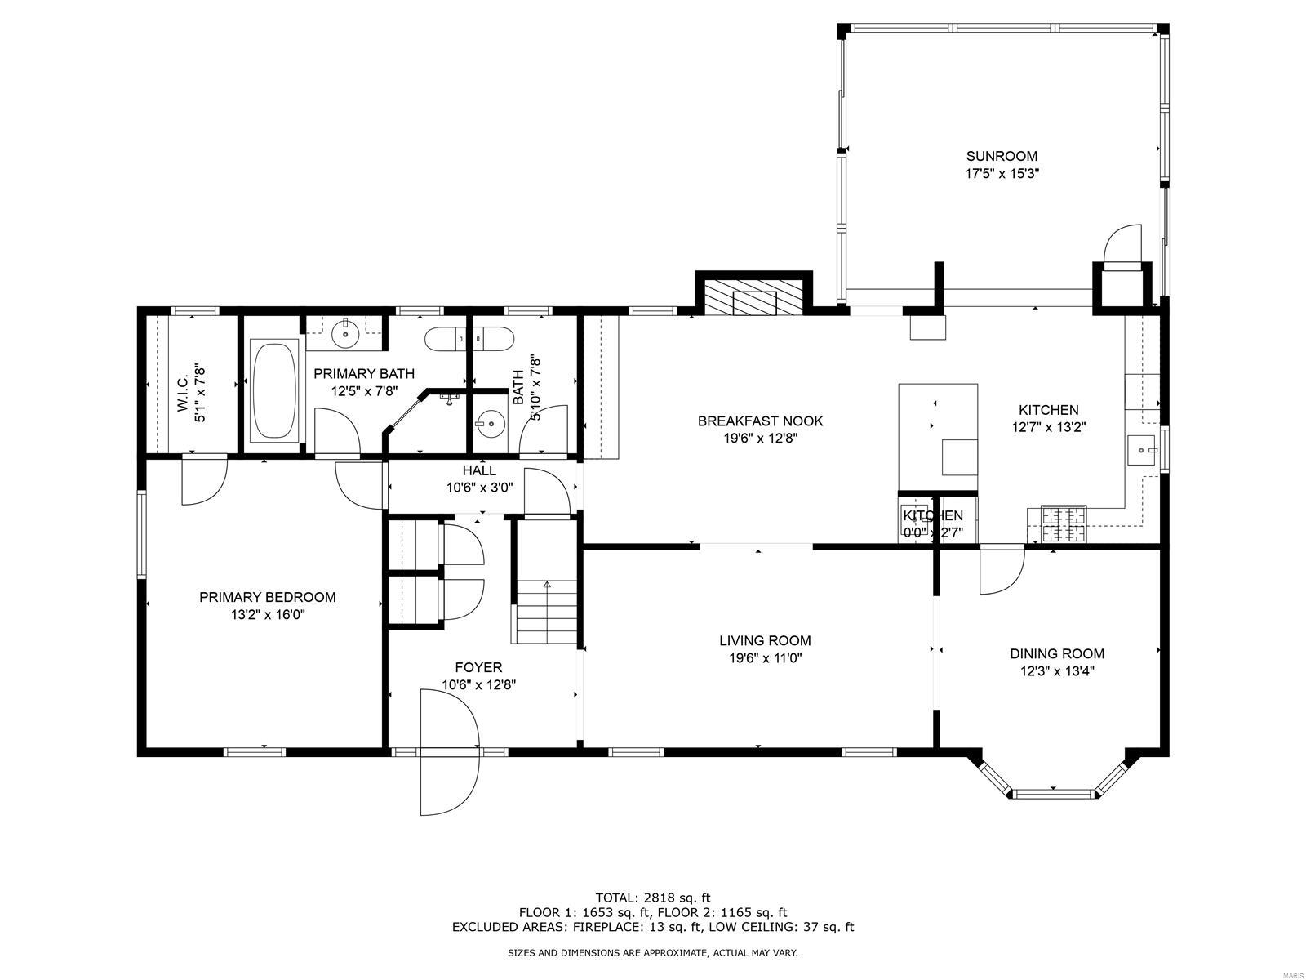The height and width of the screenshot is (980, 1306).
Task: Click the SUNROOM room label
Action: tap(1002, 156)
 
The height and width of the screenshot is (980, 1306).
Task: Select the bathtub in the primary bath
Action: tap(275, 392)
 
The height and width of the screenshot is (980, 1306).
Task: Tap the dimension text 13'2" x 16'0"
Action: tap(267, 615)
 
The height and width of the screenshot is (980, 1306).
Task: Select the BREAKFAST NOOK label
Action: tap(760, 421)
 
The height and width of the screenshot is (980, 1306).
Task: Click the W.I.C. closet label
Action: tap(182, 393)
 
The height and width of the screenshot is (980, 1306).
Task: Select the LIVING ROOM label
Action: tap(765, 641)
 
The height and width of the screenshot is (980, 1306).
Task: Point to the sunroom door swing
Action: tap(1123, 244)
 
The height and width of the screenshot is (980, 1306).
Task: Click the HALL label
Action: tap(479, 470)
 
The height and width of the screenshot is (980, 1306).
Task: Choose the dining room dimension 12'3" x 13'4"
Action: tap(1057, 671)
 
